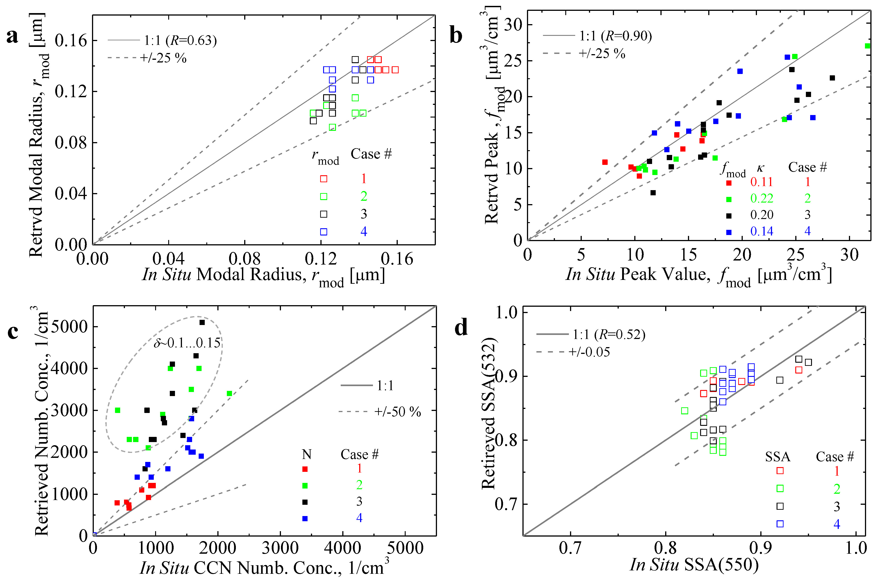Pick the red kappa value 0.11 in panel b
761,182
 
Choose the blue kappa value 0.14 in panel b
761,231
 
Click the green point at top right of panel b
867,46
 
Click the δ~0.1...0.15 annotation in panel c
187,343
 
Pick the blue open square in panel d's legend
780,523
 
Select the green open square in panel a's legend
323,196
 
